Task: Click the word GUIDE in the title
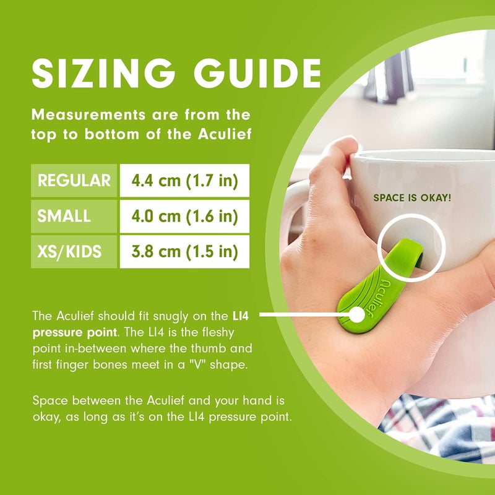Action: (257, 73)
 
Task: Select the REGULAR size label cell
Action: (74, 181)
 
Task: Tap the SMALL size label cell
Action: (74, 216)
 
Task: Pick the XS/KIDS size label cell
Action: (74, 252)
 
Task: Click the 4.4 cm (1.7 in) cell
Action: (184, 181)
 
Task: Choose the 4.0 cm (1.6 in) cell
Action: (184, 216)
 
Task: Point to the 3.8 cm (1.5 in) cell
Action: (184, 252)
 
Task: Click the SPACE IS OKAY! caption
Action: (412, 198)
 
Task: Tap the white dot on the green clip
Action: (357, 315)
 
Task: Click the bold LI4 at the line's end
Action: (241, 316)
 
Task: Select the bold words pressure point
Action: (75, 333)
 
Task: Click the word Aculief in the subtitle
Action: (225, 134)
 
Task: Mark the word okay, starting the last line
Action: (46, 418)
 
